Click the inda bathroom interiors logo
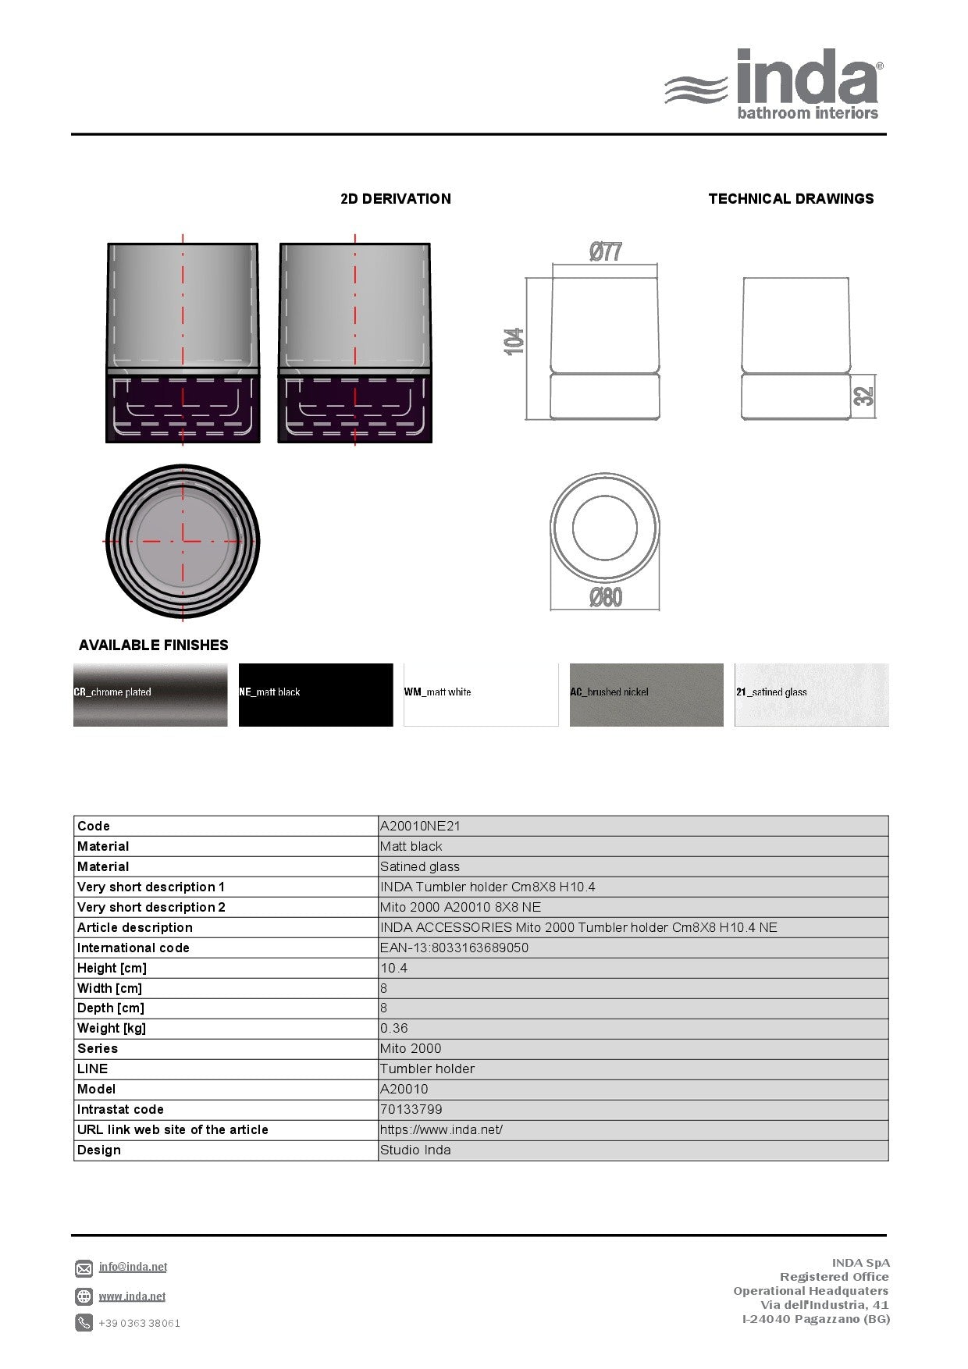774,84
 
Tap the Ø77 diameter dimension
606,252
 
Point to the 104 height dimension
514,341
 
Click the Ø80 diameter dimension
606,598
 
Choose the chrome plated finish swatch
151,695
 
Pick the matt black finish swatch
316,695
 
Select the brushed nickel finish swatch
646,695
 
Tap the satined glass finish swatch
812,695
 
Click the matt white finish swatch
481,695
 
